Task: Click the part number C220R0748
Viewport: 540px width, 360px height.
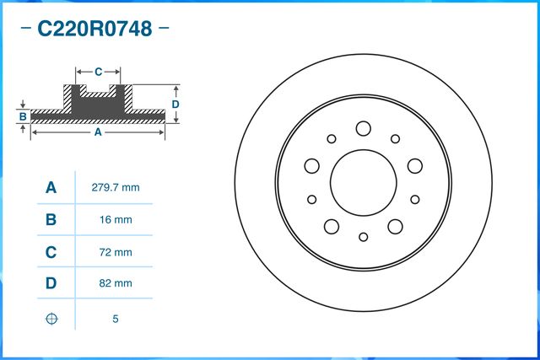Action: point(94,30)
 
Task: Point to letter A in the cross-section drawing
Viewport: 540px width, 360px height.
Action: point(98,132)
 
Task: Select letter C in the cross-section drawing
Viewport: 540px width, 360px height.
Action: point(98,71)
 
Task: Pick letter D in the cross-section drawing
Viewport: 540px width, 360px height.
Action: point(175,104)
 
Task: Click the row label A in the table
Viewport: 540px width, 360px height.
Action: point(51,187)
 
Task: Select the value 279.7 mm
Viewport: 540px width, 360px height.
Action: point(114,187)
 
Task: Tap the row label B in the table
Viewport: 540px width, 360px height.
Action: point(51,220)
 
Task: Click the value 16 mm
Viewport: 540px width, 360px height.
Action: point(114,220)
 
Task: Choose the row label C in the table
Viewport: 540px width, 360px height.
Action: point(51,252)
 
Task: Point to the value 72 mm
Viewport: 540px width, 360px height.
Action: point(114,252)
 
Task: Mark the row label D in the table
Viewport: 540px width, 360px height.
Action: point(51,284)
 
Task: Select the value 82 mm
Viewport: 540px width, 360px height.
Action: point(114,284)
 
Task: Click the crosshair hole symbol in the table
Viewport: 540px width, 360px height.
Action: point(51,318)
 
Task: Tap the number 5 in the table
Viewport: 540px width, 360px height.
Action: point(114,318)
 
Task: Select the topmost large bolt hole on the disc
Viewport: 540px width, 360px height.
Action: point(363,128)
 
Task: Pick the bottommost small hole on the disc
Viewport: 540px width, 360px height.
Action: point(363,237)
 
